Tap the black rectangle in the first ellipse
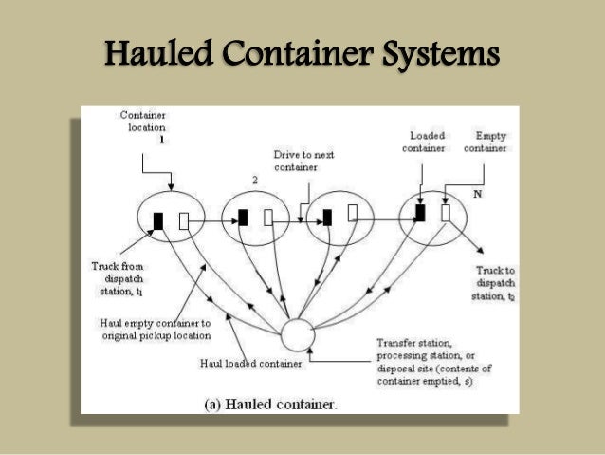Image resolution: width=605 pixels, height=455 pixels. (158, 220)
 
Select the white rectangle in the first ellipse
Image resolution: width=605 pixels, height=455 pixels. (185, 221)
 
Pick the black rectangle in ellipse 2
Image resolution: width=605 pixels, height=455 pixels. (243, 218)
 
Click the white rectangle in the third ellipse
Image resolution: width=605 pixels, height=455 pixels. (353, 211)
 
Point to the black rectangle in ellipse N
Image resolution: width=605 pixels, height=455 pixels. (419, 213)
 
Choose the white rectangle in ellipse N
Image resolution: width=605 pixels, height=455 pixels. (446, 214)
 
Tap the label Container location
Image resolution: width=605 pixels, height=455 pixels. (143, 121)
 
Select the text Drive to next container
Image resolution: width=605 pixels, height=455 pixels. (303, 159)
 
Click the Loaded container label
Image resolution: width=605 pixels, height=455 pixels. (423, 142)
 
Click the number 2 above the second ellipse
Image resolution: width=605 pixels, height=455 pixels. (254, 178)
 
